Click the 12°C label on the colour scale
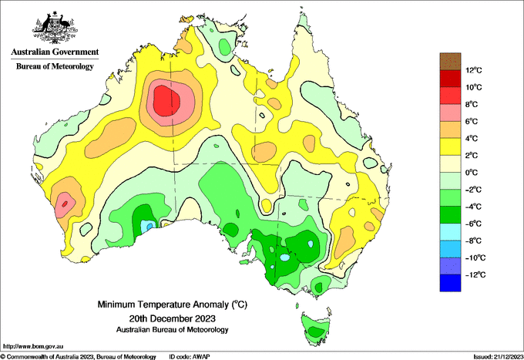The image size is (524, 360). (474, 70)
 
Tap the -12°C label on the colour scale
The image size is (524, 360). (475, 274)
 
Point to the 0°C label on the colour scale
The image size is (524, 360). (472, 173)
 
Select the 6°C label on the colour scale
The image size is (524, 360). (472, 121)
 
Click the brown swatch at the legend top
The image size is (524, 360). (450, 61)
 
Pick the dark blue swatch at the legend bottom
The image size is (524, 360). (450, 283)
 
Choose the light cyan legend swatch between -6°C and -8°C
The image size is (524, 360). (450, 231)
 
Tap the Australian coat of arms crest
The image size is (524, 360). (55, 28)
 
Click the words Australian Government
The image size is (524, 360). (55, 52)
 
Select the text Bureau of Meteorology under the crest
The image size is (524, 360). (55, 66)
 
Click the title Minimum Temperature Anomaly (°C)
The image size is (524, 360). (172, 304)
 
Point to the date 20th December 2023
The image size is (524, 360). (172, 318)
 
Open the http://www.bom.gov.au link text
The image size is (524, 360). (33, 346)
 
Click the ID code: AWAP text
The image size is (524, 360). (190, 357)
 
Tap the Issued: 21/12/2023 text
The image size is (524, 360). (499, 357)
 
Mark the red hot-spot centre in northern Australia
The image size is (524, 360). (166, 101)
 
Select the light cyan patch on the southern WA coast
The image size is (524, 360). (146, 226)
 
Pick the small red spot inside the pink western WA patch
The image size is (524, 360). (65, 204)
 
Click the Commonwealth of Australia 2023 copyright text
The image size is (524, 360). (79, 357)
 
